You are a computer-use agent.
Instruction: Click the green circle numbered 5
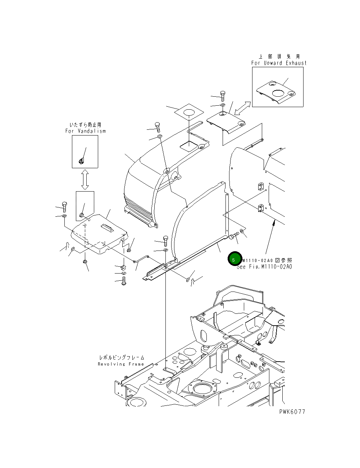[234, 259]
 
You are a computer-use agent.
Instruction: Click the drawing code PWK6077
[292, 412]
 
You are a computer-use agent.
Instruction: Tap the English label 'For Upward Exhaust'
[279, 63]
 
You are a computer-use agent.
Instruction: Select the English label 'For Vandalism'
[86, 131]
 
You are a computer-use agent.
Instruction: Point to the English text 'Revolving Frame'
[121, 364]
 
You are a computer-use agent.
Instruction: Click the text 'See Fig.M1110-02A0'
[265, 267]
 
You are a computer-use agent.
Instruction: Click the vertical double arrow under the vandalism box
[85, 179]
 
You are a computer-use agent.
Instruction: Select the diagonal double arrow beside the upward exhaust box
[242, 108]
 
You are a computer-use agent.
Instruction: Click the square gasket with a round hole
[189, 112]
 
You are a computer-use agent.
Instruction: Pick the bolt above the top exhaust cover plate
[223, 95]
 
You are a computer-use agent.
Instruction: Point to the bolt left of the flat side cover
[64, 207]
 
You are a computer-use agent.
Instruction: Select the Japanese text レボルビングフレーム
[122, 358]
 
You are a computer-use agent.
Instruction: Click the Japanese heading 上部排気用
[279, 56]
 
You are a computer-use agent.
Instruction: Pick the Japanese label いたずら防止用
[85, 125]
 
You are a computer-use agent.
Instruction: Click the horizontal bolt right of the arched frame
[234, 237]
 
